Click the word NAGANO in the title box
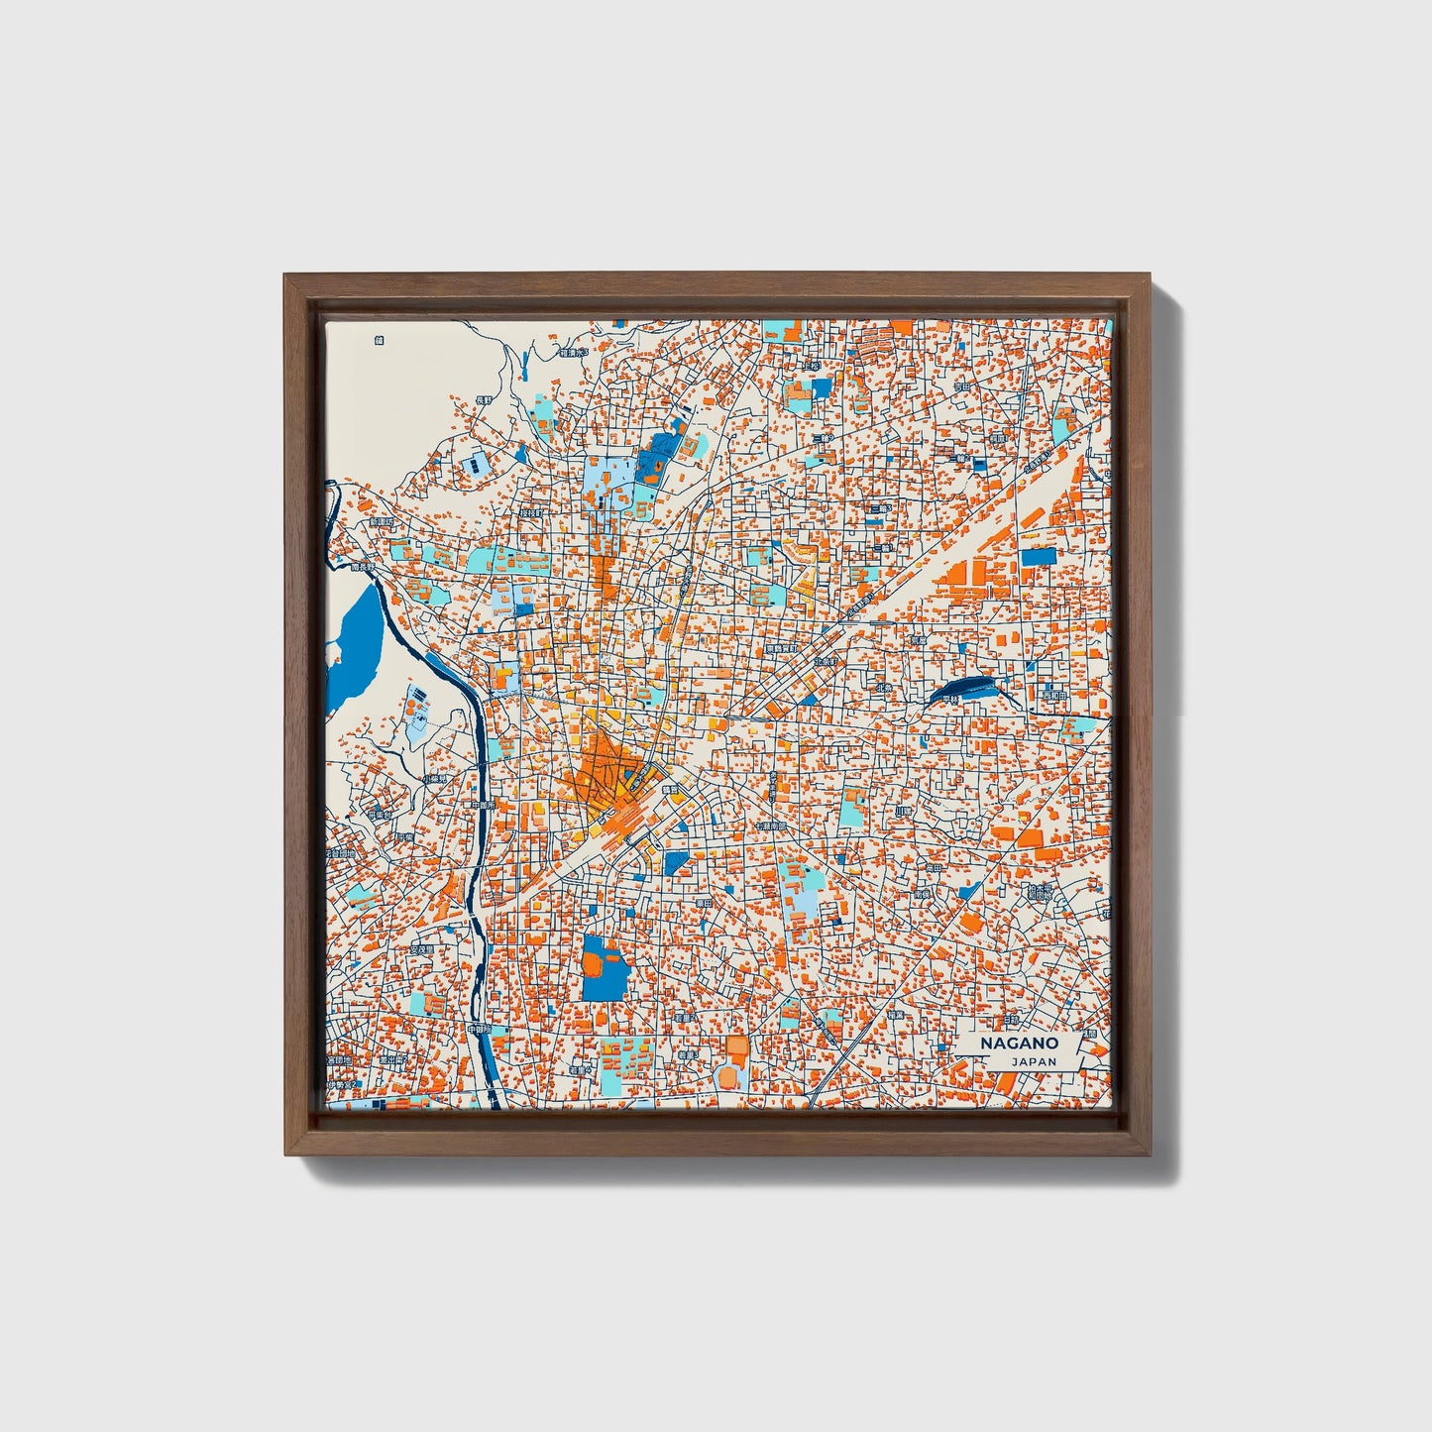tap(1019, 1044)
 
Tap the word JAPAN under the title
tap(1034, 1061)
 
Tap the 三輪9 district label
tap(820, 437)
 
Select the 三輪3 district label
tap(878, 508)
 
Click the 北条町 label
tap(826, 660)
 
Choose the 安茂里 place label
tap(420, 948)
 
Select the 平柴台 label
tap(380, 815)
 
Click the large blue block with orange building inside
tap(606, 966)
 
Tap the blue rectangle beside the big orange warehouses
tap(1035, 557)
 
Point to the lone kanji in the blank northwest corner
tap(379, 340)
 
